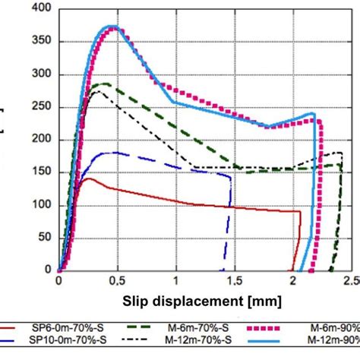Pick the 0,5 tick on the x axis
[x=116, y=280]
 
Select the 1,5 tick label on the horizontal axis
[x=234, y=280]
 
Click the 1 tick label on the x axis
[x=176, y=280]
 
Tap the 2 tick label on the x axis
[x=293, y=280]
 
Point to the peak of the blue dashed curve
[x=112, y=152]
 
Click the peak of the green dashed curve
[x=103, y=84]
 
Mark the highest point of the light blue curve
[x=106, y=27]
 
